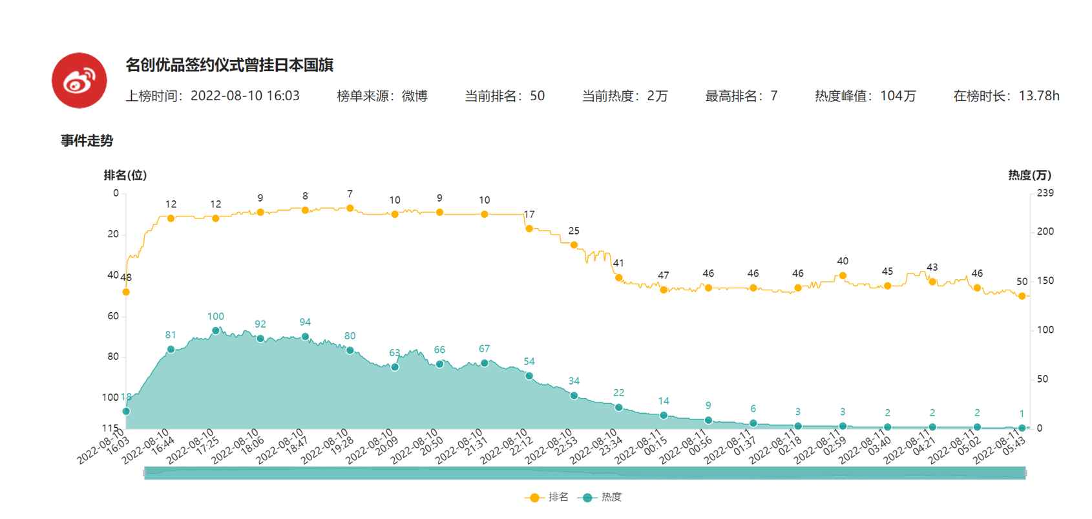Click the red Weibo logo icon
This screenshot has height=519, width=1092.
(x=79, y=81)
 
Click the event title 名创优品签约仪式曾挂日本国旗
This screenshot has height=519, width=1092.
(x=229, y=65)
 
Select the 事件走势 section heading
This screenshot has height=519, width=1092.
(x=87, y=141)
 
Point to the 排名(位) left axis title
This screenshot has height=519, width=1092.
(x=125, y=175)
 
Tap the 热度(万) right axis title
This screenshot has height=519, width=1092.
(x=1029, y=175)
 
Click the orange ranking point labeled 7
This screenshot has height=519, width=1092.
(x=350, y=208)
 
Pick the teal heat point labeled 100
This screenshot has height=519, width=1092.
(x=216, y=330)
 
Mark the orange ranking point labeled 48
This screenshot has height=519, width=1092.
(x=126, y=292)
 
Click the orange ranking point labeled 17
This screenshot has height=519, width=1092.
(x=529, y=228)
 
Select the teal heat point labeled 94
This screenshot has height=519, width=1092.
(x=305, y=337)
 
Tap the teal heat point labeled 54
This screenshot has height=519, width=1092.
(x=529, y=376)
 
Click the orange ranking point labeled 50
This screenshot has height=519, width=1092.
(x=1022, y=296)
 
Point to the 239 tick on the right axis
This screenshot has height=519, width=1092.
(x=1045, y=193)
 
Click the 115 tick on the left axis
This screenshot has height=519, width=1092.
(x=110, y=428)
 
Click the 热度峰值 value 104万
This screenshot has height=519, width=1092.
(x=898, y=96)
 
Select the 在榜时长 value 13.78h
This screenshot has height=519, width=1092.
(x=1038, y=96)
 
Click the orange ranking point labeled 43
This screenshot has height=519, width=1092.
(x=932, y=282)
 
